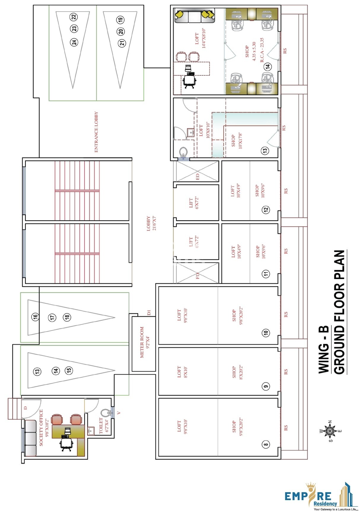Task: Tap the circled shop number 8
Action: [x=266, y=444]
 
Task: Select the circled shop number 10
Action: [x=266, y=333]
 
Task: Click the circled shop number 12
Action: [x=266, y=210]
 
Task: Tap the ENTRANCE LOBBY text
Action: [x=96, y=132]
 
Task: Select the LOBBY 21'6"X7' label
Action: [x=151, y=223]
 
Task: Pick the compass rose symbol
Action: [x=330, y=431]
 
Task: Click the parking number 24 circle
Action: [x=74, y=42]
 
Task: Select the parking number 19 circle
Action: [x=120, y=20]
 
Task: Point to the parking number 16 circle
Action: [x=36, y=317]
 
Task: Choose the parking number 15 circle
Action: [x=69, y=370]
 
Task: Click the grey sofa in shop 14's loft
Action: [x=194, y=16]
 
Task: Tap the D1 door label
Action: [x=149, y=313]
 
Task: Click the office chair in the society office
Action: [x=66, y=444]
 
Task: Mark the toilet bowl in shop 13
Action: [x=184, y=152]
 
